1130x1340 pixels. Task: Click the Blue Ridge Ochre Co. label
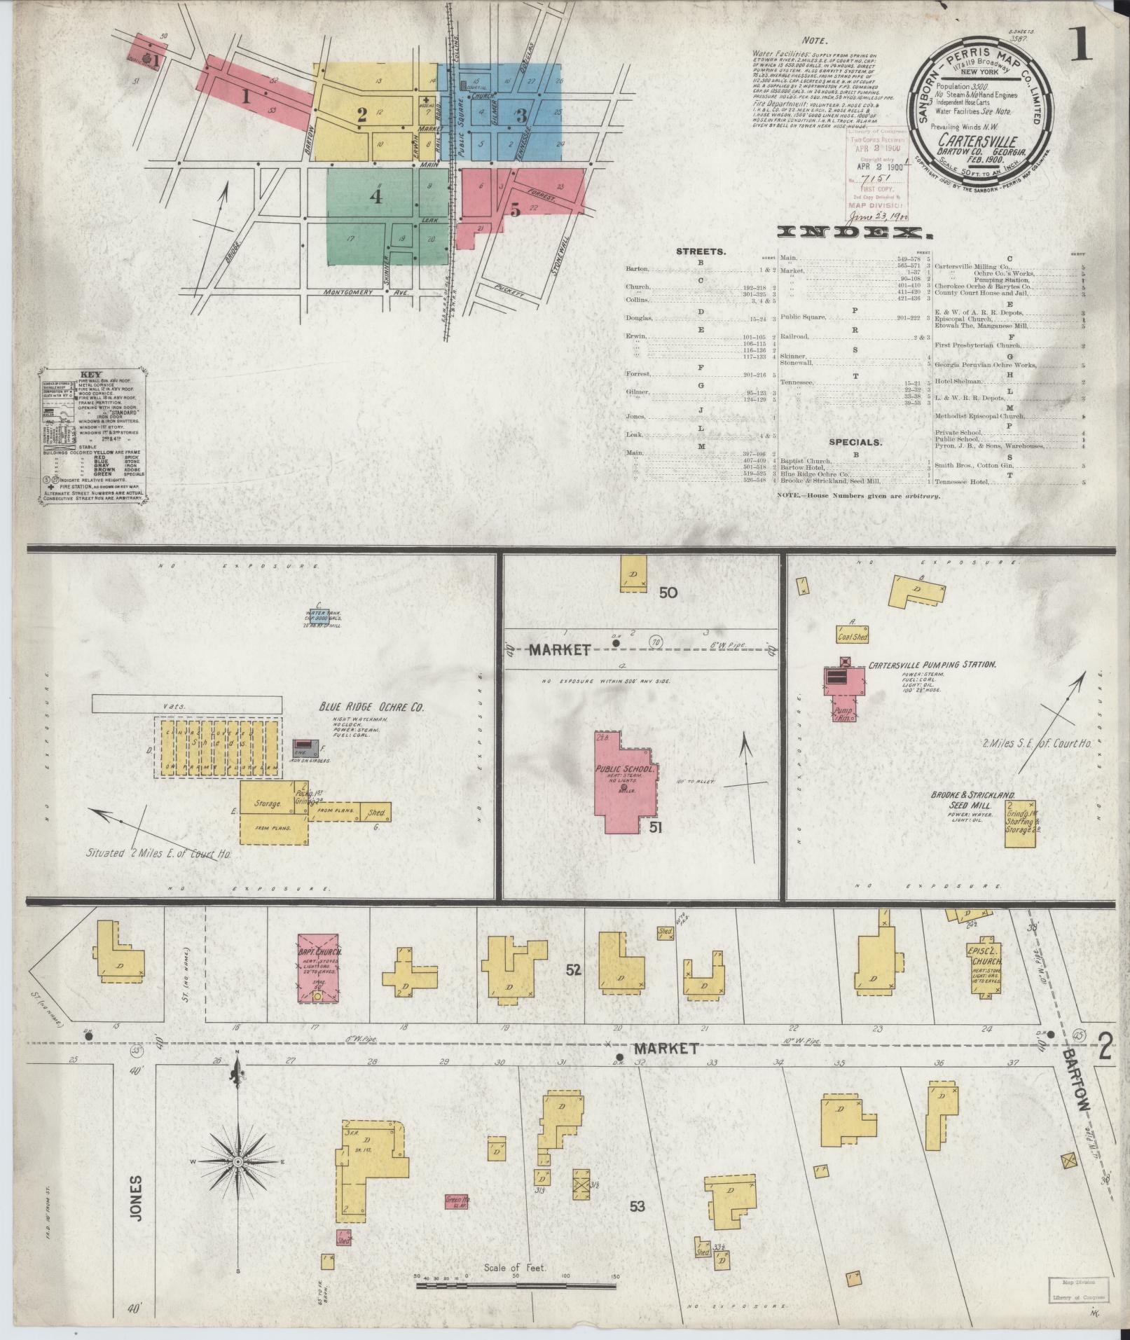(x=371, y=707)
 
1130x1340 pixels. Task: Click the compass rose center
(x=238, y=1162)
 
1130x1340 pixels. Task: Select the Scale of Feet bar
(x=515, y=1286)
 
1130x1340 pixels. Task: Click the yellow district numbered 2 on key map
(x=362, y=116)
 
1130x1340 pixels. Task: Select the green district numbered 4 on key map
(x=376, y=197)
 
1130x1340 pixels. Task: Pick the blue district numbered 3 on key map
(x=521, y=116)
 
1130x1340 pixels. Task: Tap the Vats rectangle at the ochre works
(x=186, y=705)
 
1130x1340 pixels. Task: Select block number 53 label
(x=636, y=1206)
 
